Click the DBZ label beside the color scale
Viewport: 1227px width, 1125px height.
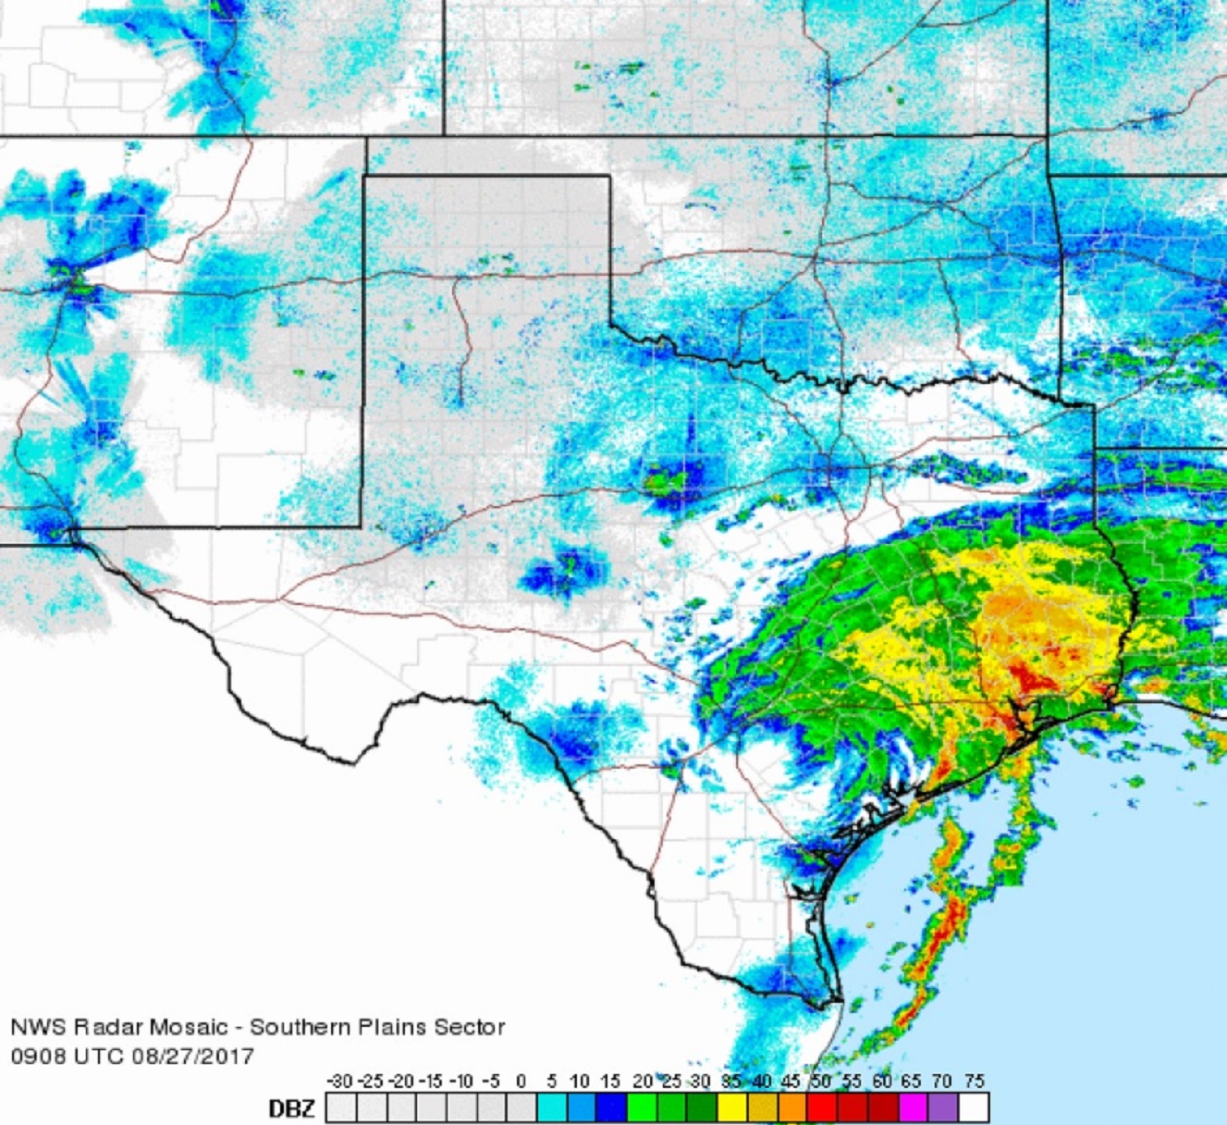[x=291, y=1107]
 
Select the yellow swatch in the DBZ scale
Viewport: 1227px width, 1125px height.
[x=732, y=1107]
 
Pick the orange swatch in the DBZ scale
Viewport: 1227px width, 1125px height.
[x=792, y=1107]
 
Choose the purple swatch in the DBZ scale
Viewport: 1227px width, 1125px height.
[x=943, y=1107]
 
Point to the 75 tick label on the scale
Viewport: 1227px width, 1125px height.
[x=973, y=1081]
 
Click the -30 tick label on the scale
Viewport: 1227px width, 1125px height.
[x=341, y=1081]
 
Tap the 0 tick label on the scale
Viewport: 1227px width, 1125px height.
[x=521, y=1081]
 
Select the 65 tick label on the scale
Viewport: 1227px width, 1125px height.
[x=913, y=1081]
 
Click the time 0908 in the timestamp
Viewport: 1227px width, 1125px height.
[x=36, y=1056]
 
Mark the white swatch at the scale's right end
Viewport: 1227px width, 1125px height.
[x=974, y=1107]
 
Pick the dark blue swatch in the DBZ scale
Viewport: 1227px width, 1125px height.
[x=612, y=1107]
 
